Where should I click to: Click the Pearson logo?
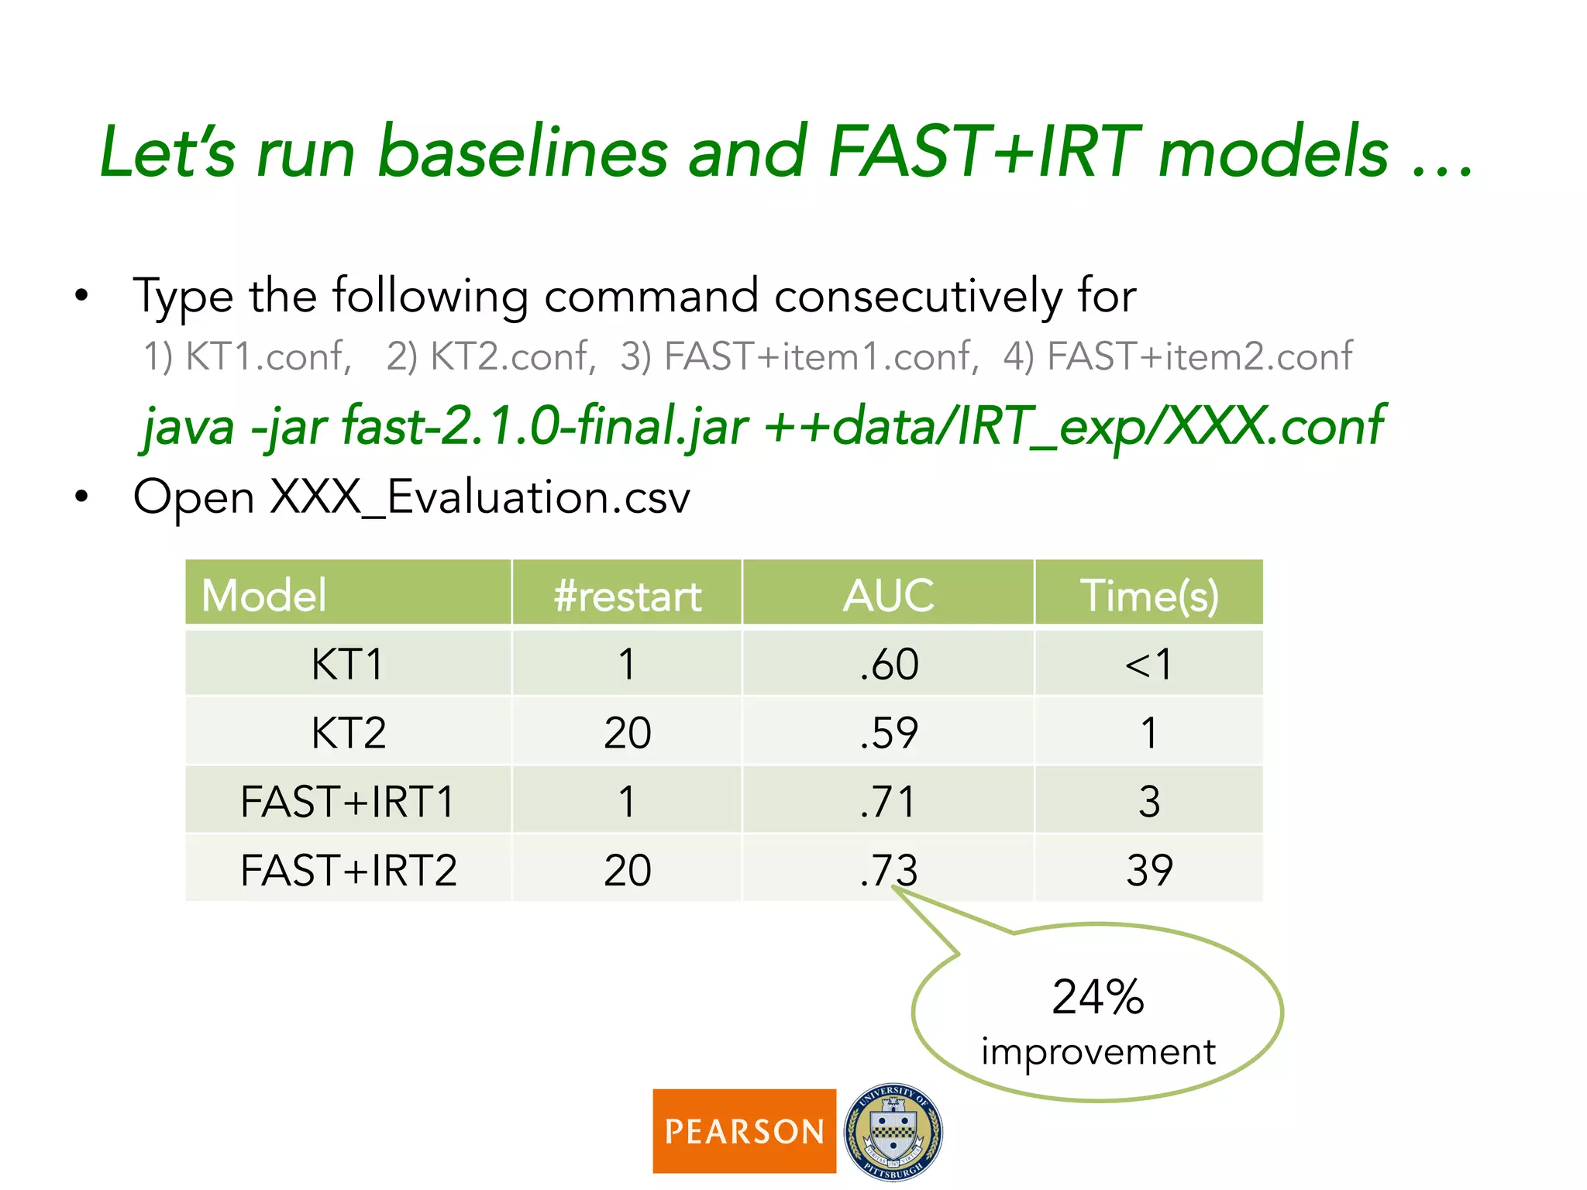pyautogui.click(x=744, y=1130)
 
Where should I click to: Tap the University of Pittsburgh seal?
pyautogui.click(x=893, y=1131)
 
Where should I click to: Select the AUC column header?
pyautogui.click(x=888, y=595)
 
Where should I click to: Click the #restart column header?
pyautogui.click(x=627, y=595)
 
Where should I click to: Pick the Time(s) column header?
pyautogui.click(x=1149, y=595)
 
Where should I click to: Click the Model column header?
pyautogui.click(x=264, y=595)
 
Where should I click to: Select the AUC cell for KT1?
pyautogui.click(x=888, y=664)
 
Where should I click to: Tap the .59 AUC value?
pyautogui.click(x=888, y=733)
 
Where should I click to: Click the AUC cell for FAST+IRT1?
pyautogui.click(x=888, y=801)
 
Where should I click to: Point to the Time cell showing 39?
pyautogui.click(x=1149, y=870)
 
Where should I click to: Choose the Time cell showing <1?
pyautogui.click(x=1149, y=664)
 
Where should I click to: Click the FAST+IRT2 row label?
pyautogui.click(x=349, y=870)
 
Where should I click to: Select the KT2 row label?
pyautogui.click(x=349, y=733)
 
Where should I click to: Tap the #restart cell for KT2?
pyautogui.click(x=627, y=733)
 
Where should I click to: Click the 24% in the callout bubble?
pyautogui.click(x=1097, y=997)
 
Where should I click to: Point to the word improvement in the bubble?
pyautogui.click(x=1097, y=1052)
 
